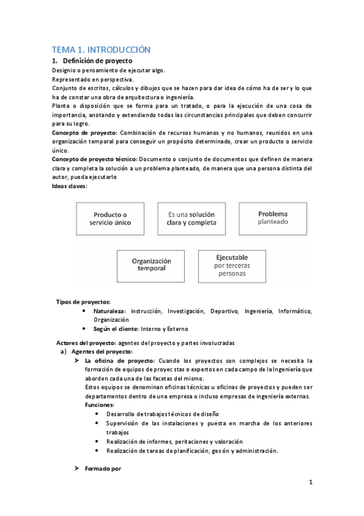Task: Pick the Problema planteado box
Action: (x=272, y=218)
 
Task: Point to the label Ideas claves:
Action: (x=70, y=186)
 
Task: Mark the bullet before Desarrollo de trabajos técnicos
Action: (x=98, y=414)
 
